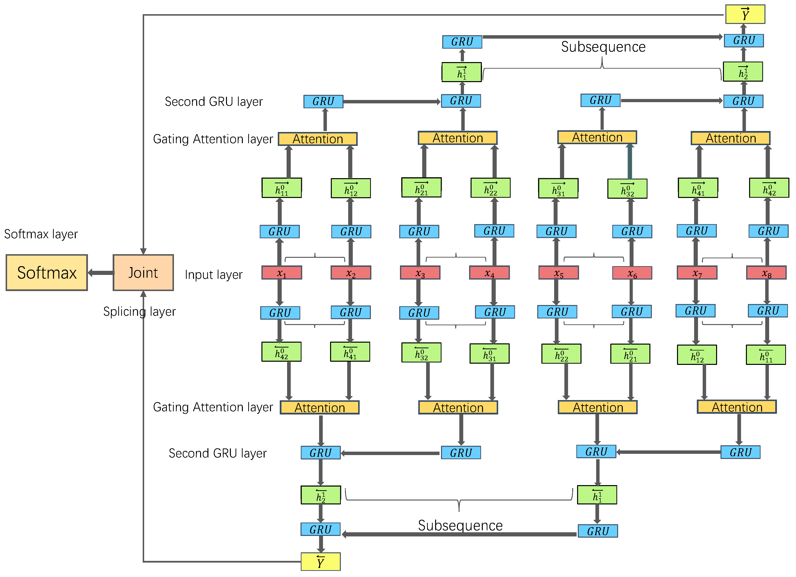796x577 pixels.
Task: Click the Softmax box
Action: (47, 273)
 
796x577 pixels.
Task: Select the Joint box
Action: (143, 273)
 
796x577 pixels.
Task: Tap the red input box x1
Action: (281, 273)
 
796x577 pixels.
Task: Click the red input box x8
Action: (766, 273)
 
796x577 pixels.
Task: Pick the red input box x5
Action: (558, 273)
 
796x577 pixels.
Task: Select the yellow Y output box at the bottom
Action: (321, 562)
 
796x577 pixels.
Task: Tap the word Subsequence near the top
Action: (603, 47)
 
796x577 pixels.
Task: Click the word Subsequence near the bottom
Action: (460, 525)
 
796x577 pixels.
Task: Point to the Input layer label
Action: (213, 275)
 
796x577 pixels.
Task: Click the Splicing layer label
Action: (139, 312)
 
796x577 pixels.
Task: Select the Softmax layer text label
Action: (41, 234)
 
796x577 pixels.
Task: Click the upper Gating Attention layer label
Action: (213, 139)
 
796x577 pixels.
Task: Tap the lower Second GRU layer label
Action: (218, 453)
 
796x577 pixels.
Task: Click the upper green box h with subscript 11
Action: (281, 188)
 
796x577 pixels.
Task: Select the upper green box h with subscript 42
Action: (769, 188)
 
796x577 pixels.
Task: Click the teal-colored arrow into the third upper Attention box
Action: (630, 162)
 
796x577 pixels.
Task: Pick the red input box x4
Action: (489, 273)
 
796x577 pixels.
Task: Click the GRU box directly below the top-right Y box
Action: (744, 40)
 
